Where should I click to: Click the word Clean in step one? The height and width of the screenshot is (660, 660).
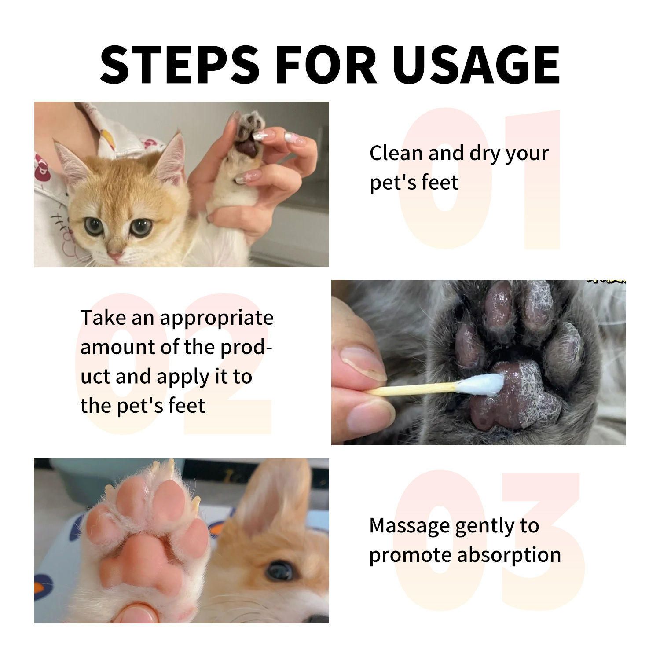pos(396,153)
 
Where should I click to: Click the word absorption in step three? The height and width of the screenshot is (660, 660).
pos(509,555)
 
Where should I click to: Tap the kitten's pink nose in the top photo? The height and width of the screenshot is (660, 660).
pos(116,256)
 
